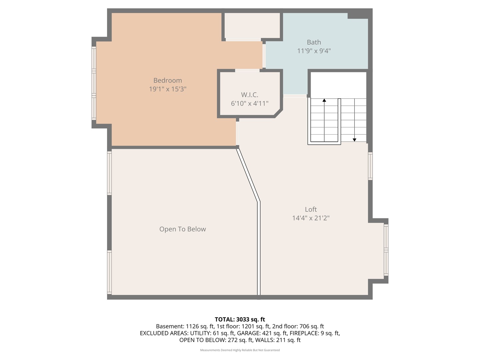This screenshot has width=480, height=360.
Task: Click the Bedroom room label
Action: (167, 80)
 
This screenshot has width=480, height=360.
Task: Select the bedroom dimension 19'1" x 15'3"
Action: (167, 89)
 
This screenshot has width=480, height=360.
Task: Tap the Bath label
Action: (314, 42)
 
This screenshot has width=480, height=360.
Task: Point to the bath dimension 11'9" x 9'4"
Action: (314, 51)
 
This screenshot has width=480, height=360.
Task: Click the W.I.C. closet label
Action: (249, 95)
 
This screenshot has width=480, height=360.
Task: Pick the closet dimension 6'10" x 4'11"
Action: (249, 104)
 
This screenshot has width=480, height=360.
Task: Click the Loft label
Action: (311, 209)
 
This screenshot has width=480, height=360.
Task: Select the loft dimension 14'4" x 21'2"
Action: (311, 218)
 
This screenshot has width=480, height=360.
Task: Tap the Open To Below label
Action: (182, 229)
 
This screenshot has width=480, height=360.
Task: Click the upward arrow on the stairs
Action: (324, 100)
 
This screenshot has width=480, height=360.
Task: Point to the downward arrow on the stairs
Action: (354, 140)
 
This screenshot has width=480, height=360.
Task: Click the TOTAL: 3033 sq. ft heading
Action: (240, 319)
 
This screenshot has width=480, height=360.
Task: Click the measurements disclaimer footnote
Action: (240, 350)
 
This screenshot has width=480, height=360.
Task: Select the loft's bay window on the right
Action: (386, 250)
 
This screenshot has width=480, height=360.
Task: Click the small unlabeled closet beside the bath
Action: (252, 26)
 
